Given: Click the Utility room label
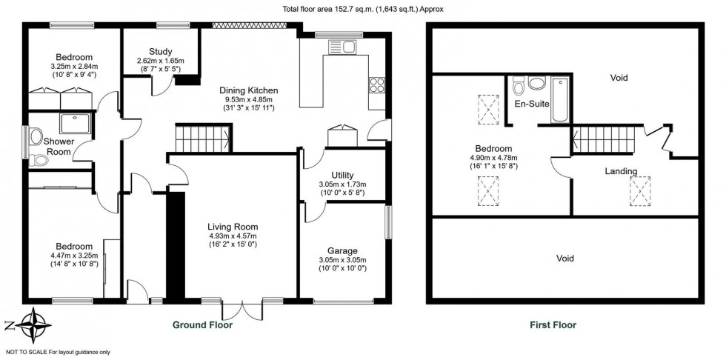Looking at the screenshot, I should tap(331, 176).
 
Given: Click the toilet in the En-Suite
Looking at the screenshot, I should tap(519, 82).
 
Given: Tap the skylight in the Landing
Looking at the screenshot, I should tap(640, 190).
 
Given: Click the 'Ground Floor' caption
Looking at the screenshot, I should tap(202, 324).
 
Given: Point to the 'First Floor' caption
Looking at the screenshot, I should tap(553, 324).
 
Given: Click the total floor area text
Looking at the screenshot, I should tap(363, 9).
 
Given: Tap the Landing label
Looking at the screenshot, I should tap(620, 171).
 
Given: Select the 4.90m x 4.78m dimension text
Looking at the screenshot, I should tap(494, 158).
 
